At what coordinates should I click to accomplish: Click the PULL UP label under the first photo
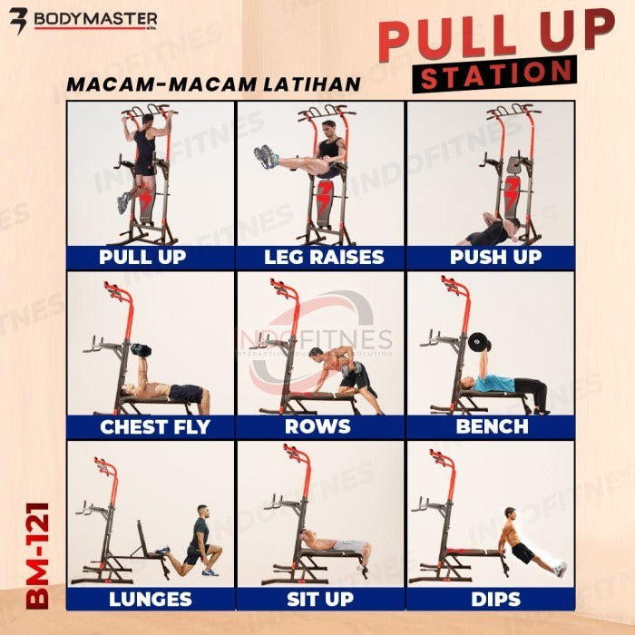pyautogui.click(x=142, y=257)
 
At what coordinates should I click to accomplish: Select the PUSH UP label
pyautogui.click(x=495, y=257)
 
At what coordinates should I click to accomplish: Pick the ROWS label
pyautogui.click(x=317, y=427)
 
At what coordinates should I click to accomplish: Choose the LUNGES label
pyautogui.click(x=150, y=599)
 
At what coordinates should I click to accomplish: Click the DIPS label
pyautogui.click(x=495, y=599)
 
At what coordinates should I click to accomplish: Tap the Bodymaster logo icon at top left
pyautogui.click(x=16, y=19)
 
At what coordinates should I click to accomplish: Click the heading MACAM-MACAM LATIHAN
pyautogui.click(x=213, y=84)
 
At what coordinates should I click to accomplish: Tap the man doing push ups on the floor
pyautogui.click(x=488, y=231)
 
